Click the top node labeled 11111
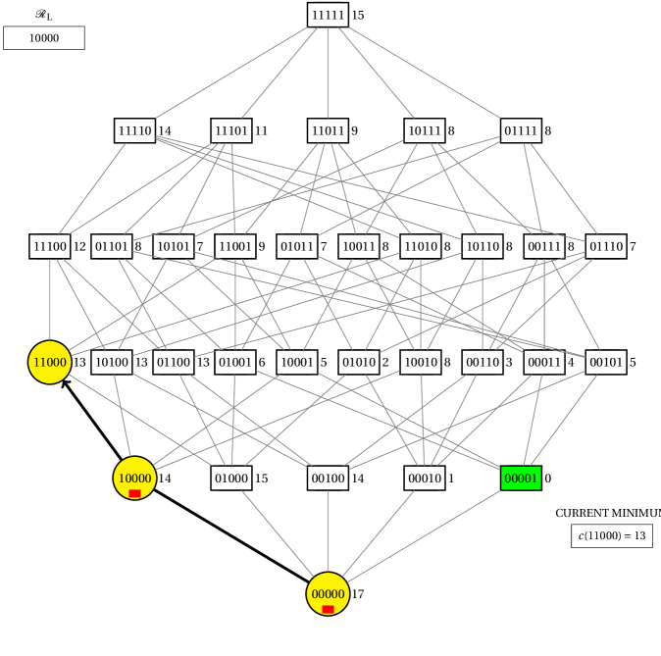coord(328,15)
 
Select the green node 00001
coord(521,479)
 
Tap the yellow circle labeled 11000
coord(50,362)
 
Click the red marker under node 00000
coord(328,609)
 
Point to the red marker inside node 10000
coord(134,493)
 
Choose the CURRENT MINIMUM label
coord(606,513)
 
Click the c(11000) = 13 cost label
coord(612,535)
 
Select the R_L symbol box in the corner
coord(44,15)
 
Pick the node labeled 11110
coord(135,130)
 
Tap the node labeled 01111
coord(521,130)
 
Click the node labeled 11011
coord(328,130)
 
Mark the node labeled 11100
coord(50,246)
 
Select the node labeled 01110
coord(606,246)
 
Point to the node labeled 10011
coord(359,246)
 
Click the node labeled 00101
coord(606,362)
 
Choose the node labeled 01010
coord(359,362)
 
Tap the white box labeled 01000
coord(231,479)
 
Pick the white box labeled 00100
coord(328,479)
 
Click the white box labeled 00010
coord(425,479)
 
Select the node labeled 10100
coord(112,362)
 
